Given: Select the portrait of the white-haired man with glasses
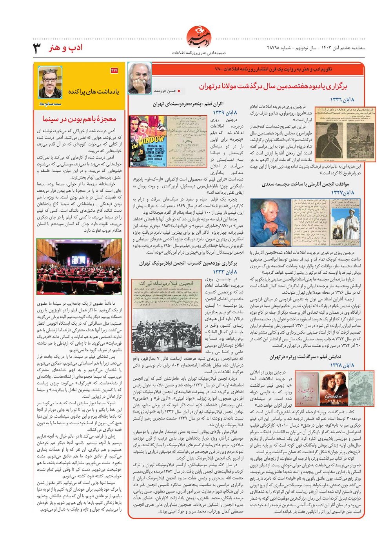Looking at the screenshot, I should coord(139,78).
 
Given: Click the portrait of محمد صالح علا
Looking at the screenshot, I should coord(50,82).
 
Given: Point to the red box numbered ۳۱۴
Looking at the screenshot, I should coord(114,71).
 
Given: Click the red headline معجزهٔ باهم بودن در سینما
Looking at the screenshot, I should coord(80,119).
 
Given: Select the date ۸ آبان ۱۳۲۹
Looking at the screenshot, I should coord(225,113).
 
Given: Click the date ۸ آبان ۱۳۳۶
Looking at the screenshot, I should coord(342,100).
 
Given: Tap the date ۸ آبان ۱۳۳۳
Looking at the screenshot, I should coord(225,272).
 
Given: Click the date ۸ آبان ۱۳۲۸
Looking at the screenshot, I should coord(342,365).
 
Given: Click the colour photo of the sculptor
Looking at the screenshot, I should coord(271,222).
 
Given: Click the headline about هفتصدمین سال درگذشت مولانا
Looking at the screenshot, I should coord(273,86).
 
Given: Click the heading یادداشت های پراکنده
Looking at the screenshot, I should coord(94,91).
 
